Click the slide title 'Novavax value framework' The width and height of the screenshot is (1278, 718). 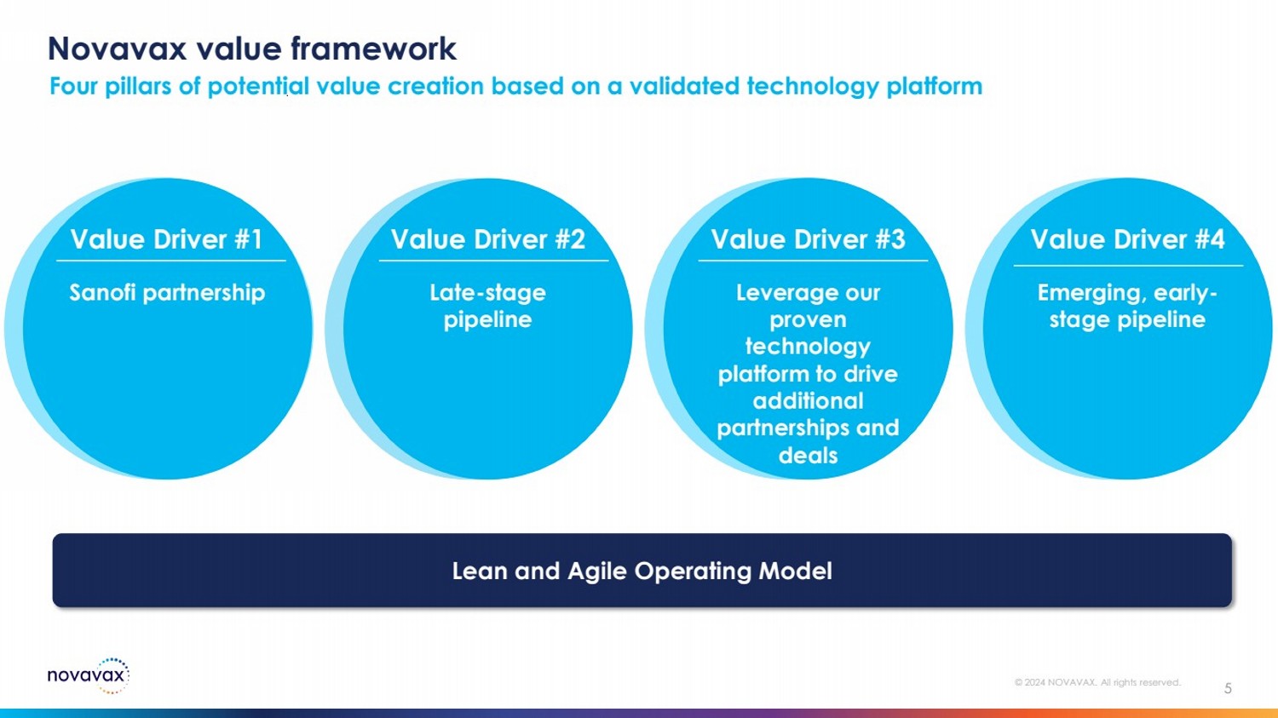[x=252, y=49]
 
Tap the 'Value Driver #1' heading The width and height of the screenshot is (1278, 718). [x=167, y=239]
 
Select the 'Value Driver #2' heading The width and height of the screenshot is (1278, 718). [x=488, y=239]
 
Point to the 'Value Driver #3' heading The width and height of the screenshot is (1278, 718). [x=808, y=239]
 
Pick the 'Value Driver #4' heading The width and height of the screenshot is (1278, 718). [x=1127, y=239]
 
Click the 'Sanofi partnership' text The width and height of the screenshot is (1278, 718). [x=167, y=292]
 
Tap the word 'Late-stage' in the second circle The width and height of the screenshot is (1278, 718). [x=487, y=292]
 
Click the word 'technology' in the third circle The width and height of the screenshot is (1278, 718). [x=808, y=347]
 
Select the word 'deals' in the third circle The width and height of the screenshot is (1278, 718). [x=808, y=455]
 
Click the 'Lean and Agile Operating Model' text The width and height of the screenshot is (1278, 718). [x=642, y=571]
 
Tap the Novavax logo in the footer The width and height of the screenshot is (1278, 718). [x=88, y=675]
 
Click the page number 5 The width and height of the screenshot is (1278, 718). [x=1228, y=688]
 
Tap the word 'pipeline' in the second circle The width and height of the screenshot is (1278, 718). [x=487, y=319]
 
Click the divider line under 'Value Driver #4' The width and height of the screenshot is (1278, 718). [x=1127, y=266]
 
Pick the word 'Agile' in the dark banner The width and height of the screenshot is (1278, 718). [x=597, y=572]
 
